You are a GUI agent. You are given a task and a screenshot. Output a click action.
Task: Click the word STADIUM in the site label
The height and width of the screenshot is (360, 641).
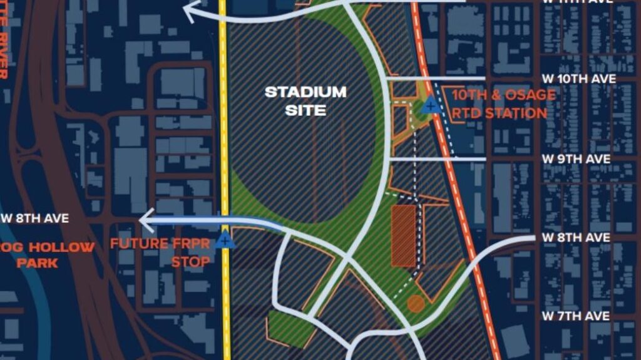tap(305, 92)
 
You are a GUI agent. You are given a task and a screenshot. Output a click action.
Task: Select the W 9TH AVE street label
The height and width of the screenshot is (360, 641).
tap(576, 159)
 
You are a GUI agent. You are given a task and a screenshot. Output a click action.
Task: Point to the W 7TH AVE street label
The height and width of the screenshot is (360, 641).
tap(575, 316)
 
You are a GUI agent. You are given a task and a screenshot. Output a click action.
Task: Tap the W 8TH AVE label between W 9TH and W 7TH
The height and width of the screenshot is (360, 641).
tap(575, 238)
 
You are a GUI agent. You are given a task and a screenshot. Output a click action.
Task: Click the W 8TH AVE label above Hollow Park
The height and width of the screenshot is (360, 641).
tap(35, 219)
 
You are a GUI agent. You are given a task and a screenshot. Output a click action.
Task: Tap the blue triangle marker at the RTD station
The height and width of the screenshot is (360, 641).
tap(429, 106)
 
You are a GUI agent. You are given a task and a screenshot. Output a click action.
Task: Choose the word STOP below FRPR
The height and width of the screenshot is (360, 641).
tap(190, 262)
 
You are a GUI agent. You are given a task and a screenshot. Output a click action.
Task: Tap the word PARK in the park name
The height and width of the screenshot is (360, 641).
tap(37, 263)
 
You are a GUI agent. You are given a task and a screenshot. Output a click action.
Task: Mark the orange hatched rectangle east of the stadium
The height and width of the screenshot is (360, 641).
tap(404, 234)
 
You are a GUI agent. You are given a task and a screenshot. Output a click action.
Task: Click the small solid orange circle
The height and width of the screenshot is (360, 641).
tap(416, 304)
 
